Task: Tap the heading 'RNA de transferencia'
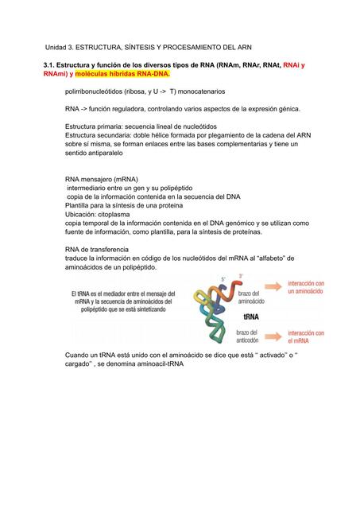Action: pos(97,249)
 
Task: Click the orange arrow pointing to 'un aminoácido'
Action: pos(275,288)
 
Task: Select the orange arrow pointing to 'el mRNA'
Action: pos(275,335)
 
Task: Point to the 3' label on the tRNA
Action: pos(241,277)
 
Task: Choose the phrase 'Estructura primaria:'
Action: pos(96,126)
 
